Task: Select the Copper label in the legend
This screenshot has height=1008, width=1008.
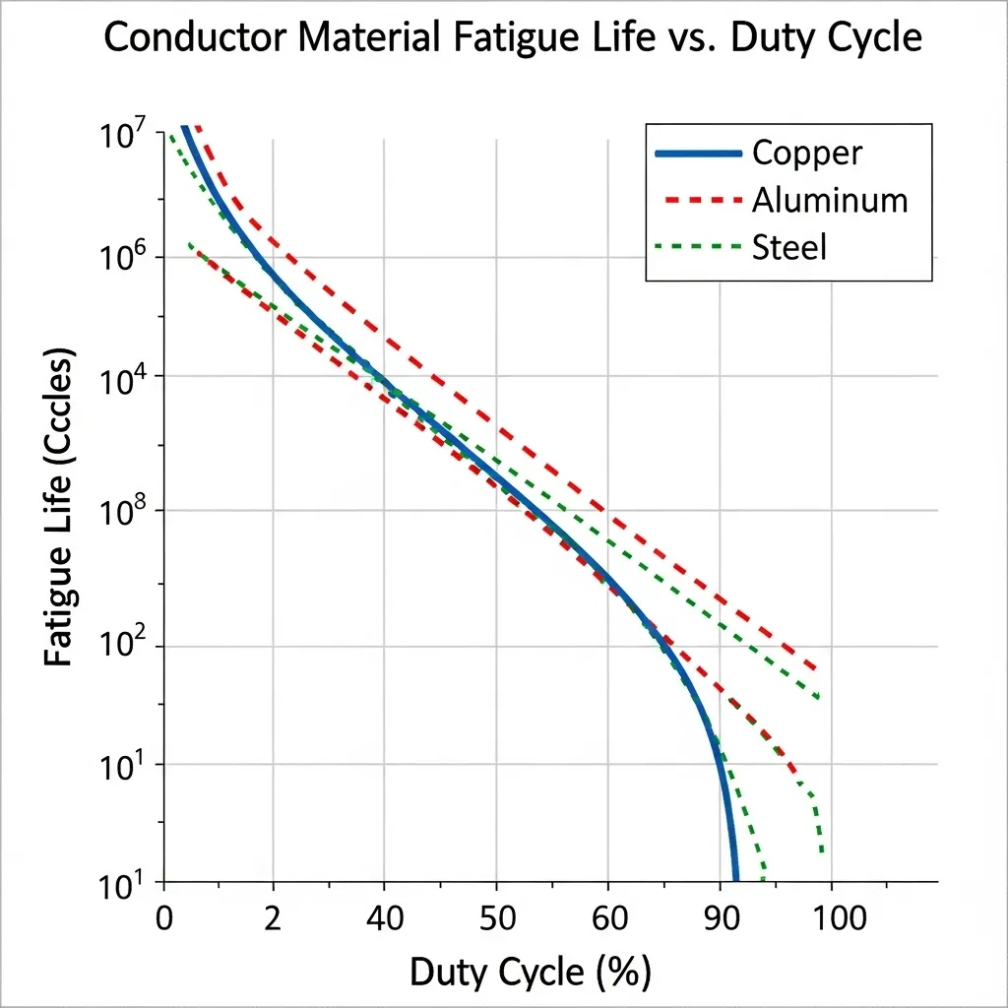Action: [x=806, y=153]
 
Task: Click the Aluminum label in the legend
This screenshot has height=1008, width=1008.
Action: [x=829, y=200]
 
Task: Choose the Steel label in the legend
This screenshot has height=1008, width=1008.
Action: [x=788, y=247]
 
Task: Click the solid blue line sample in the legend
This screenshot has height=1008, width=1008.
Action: [x=697, y=153]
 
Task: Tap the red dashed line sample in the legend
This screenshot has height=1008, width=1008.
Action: [x=697, y=200]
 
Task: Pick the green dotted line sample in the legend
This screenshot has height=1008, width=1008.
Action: [x=697, y=247]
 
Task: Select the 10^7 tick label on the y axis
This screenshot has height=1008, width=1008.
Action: [x=122, y=136]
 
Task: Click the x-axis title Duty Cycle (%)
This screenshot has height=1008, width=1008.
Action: [x=530, y=973]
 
